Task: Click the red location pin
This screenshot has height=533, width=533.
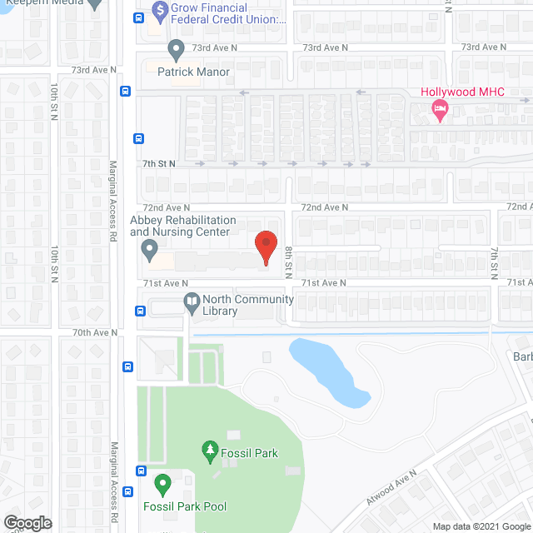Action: pos(265,247)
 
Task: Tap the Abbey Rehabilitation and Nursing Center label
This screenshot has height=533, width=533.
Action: pos(182,226)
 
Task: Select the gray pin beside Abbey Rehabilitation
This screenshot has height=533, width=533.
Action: pos(150,248)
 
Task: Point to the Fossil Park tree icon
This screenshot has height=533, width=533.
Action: pos(210,453)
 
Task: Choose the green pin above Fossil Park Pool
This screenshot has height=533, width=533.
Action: pos(162,483)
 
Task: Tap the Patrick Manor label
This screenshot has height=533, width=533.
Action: pos(187,72)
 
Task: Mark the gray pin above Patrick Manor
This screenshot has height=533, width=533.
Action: pos(176,50)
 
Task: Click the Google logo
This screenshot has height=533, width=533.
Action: pos(27,523)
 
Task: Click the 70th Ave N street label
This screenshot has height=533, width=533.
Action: pos(95,332)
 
